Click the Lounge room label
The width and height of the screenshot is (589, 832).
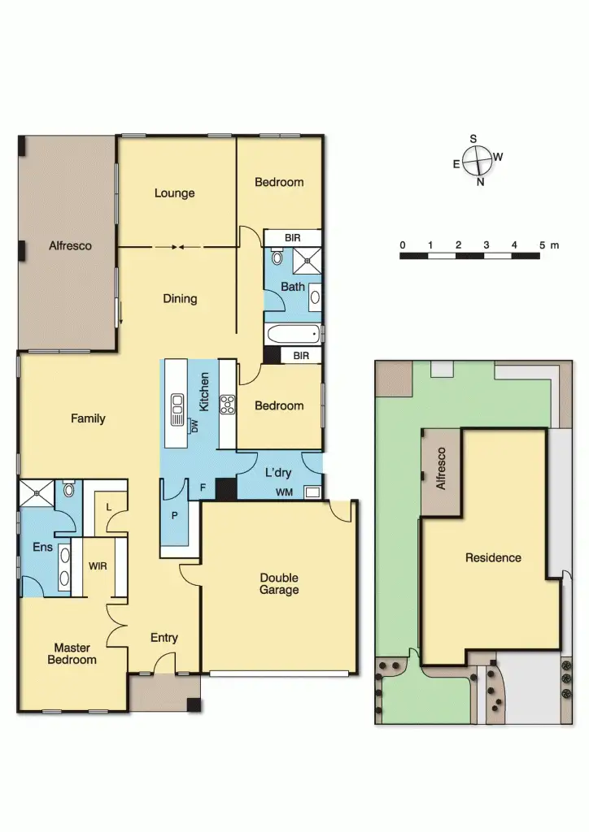tap(175, 193)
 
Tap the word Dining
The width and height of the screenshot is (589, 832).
tap(180, 298)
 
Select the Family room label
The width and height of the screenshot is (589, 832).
tap(88, 418)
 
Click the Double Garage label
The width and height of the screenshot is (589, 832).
tap(279, 583)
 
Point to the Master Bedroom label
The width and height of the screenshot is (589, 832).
tap(72, 653)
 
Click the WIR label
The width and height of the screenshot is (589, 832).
tap(98, 565)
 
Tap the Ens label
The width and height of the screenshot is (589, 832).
tap(42, 548)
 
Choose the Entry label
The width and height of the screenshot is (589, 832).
tap(164, 638)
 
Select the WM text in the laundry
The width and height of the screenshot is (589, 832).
tap(285, 492)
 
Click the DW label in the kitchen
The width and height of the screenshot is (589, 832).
tap(195, 426)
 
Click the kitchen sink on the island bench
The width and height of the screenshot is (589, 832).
tap(176, 410)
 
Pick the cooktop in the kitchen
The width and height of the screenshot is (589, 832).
tap(227, 404)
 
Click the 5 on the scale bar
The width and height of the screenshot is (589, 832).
tap(541, 245)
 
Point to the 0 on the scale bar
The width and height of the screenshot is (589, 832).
tap(402, 245)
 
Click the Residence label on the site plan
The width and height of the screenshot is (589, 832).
tap(493, 557)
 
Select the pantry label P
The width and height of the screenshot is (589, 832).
tap(175, 515)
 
